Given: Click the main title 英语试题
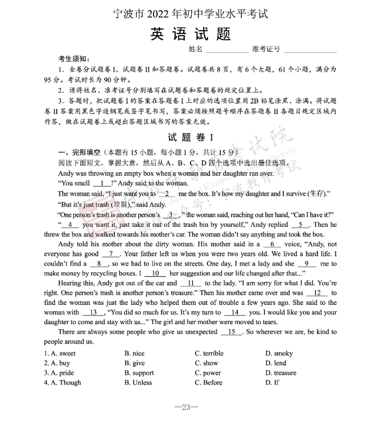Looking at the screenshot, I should coord(191,34).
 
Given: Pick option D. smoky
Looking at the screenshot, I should coord(279,353).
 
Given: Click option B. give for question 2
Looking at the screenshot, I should coord(134,363).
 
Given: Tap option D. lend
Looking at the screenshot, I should coord(276,363).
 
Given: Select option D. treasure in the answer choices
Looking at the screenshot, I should coord(281,373).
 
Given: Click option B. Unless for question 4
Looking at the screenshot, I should coord(138,383).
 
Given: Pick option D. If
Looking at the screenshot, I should coord(272,383).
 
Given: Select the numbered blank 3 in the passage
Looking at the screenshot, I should coord(171,215).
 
